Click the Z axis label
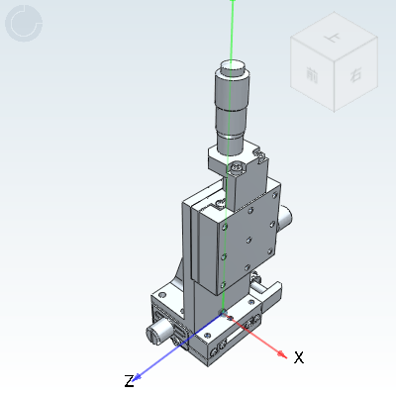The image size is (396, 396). [129, 381]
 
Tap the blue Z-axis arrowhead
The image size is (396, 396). [140, 373]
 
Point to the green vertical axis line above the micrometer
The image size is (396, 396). [233, 30]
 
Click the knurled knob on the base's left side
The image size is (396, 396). [155, 332]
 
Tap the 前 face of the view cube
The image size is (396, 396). [312, 75]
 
